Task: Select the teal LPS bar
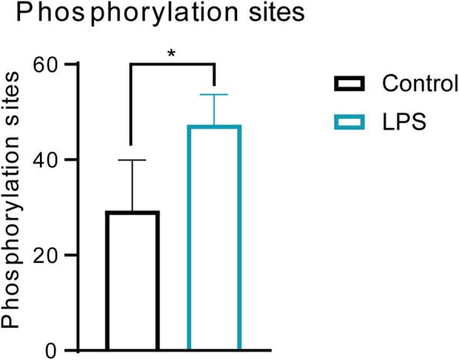215,238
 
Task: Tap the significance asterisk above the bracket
171,53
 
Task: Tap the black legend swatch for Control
348,83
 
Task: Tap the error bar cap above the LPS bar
215,94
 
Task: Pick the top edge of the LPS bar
215,126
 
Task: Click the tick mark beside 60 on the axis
72,65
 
